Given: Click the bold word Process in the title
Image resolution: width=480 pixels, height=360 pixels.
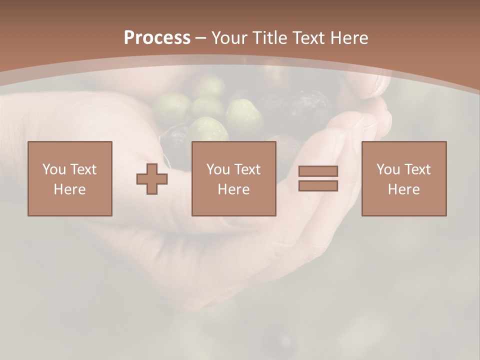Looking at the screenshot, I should pyautogui.click(x=157, y=38).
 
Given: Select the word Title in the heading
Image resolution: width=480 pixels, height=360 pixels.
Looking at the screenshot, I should pyautogui.click(x=270, y=38).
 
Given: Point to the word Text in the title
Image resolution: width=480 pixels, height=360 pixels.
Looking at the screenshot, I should pyautogui.click(x=309, y=38).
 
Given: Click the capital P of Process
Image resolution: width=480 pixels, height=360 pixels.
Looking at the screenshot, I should pyautogui.click(x=129, y=38).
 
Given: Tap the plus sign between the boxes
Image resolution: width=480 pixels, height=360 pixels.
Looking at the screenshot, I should pyautogui.click(x=152, y=179).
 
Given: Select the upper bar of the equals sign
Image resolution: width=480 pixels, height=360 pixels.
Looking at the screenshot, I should pyautogui.click(x=318, y=171).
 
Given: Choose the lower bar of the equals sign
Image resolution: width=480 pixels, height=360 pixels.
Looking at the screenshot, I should pyautogui.click(x=318, y=186).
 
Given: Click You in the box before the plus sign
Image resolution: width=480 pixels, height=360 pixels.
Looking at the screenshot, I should pyautogui.click(x=54, y=169).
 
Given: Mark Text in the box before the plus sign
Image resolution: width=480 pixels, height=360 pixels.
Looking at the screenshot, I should pyautogui.click(x=83, y=169).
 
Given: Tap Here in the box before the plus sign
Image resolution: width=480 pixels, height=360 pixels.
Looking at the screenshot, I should pyautogui.click(x=69, y=189).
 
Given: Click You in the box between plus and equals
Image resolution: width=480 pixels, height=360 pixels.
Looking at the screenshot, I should pyautogui.click(x=218, y=169).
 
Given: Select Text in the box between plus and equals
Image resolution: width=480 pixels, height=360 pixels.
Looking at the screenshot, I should pyautogui.click(x=247, y=169).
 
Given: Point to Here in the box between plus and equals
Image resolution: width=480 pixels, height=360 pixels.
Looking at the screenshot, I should pyautogui.click(x=233, y=189).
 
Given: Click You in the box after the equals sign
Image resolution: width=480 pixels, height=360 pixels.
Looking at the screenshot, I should pyautogui.click(x=388, y=169).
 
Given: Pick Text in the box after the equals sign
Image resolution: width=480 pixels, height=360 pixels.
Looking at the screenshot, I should pyautogui.click(x=417, y=169).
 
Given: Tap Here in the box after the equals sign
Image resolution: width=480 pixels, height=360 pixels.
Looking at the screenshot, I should pyautogui.click(x=403, y=189).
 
